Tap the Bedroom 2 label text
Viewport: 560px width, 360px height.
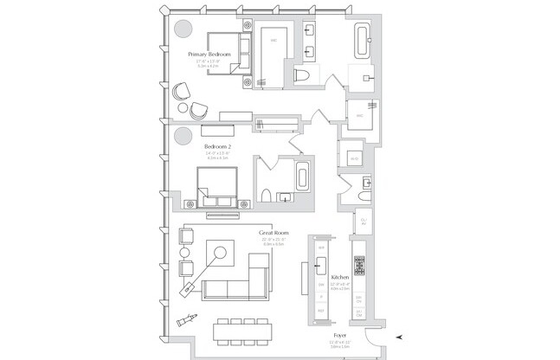point(216,146)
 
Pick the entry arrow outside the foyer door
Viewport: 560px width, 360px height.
point(397,337)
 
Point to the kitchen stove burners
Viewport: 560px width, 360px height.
point(359,267)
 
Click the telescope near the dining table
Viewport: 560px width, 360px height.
point(186,319)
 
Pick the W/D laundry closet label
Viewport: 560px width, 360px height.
point(354,158)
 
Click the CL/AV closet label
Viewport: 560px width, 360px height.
point(363,222)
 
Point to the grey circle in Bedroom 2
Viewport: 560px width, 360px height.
point(183,136)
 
